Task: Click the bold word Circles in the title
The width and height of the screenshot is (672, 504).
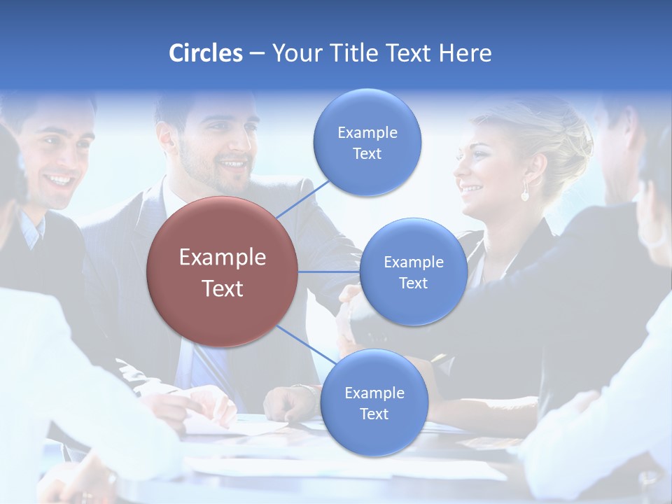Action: coord(205,52)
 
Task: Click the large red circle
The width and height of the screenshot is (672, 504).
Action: coord(223,272)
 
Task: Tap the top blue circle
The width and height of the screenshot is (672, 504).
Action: coord(367,143)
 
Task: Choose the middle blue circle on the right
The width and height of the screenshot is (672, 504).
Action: coord(413,272)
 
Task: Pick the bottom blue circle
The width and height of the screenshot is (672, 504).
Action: coord(374,403)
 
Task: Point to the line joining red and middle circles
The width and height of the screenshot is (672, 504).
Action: coord(329,272)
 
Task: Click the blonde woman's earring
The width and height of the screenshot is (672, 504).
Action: coord(524,194)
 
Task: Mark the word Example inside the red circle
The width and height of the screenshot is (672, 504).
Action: coord(223,258)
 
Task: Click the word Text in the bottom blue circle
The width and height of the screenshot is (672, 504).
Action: coord(374,414)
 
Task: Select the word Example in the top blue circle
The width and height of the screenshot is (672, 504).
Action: coord(367,133)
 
